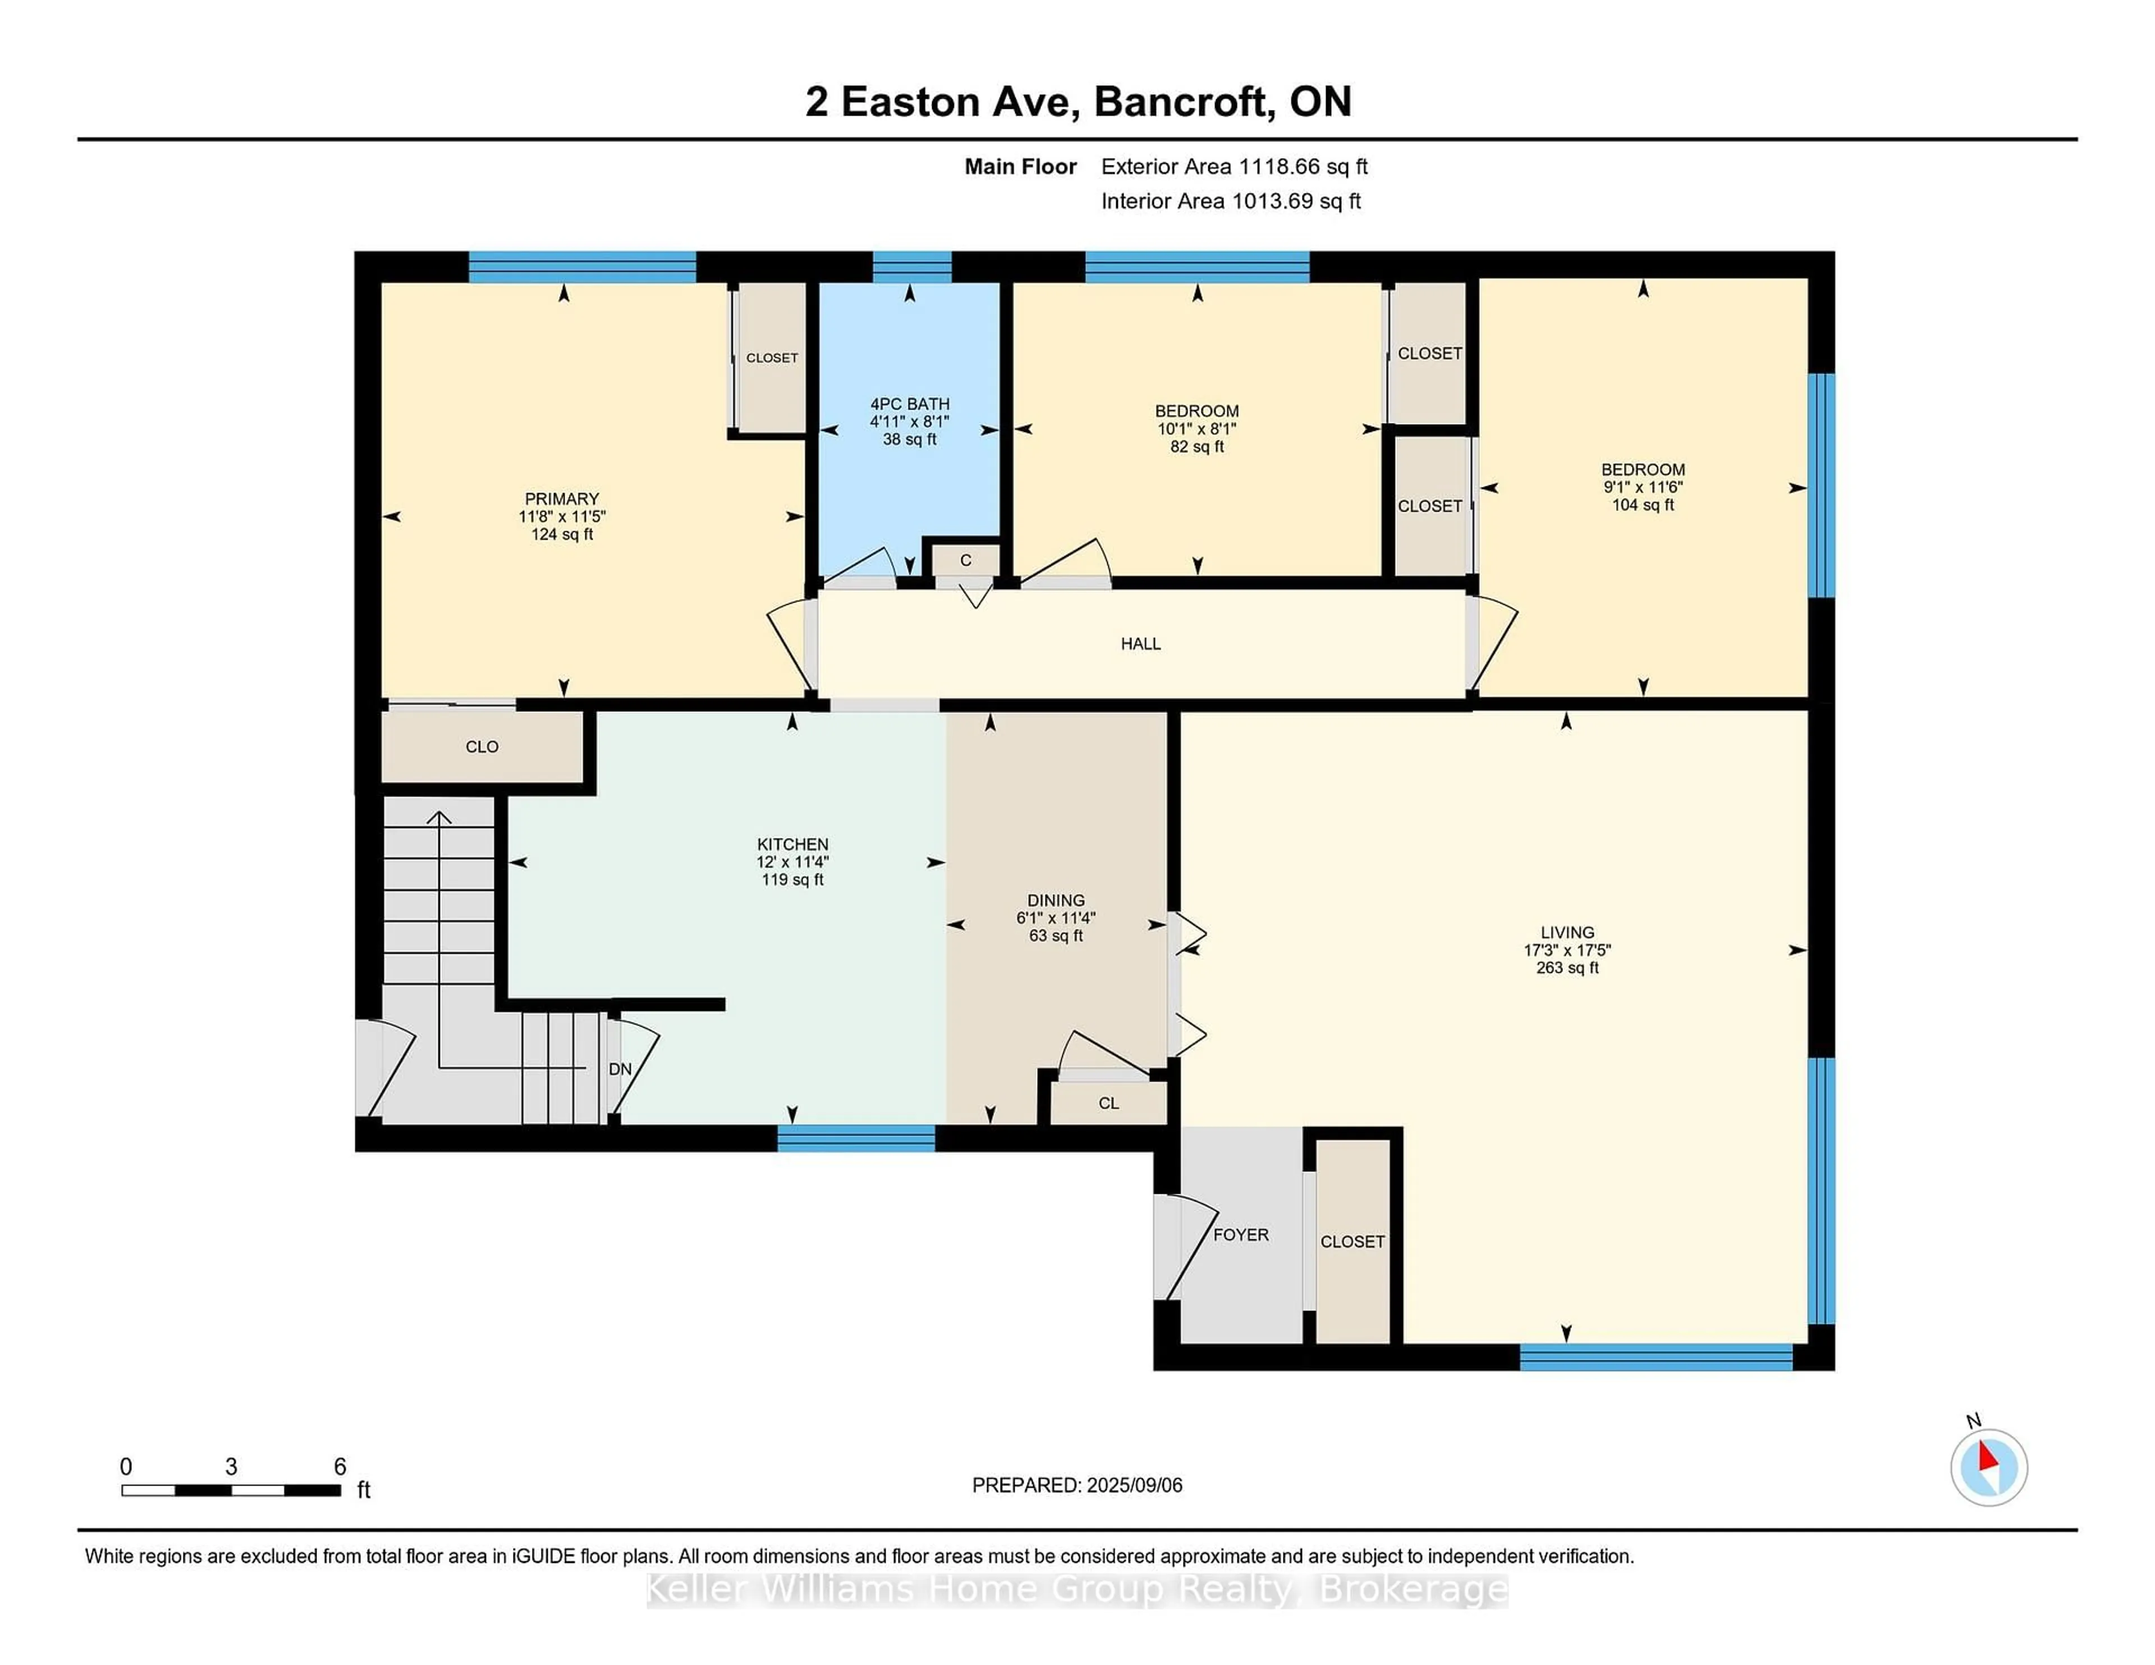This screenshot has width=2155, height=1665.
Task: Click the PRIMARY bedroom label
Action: [x=561, y=499]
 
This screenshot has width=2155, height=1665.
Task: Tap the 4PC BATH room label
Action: [x=909, y=404]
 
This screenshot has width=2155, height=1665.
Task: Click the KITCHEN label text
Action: [x=792, y=844]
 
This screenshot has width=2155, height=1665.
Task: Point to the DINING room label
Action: [x=1055, y=900]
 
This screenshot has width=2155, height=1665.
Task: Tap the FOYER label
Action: [x=1240, y=1235]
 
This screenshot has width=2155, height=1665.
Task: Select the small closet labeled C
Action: [x=965, y=560]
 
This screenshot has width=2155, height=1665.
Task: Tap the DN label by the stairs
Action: [x=620, y=1069]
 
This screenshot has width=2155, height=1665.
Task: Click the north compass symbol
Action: [x=1988, y=1467]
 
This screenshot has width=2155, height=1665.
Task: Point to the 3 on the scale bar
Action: [x=231, y=1467]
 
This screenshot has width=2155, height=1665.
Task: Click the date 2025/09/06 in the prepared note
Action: [x=1132, y=1485]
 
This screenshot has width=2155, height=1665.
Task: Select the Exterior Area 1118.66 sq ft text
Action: [x=1234, y=167]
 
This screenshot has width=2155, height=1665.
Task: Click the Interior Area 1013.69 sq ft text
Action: [x=1231, y=201]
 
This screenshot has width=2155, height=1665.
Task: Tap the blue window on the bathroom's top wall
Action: [x=912, y=267]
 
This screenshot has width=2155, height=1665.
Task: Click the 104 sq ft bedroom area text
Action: [x=1642, y=505]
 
